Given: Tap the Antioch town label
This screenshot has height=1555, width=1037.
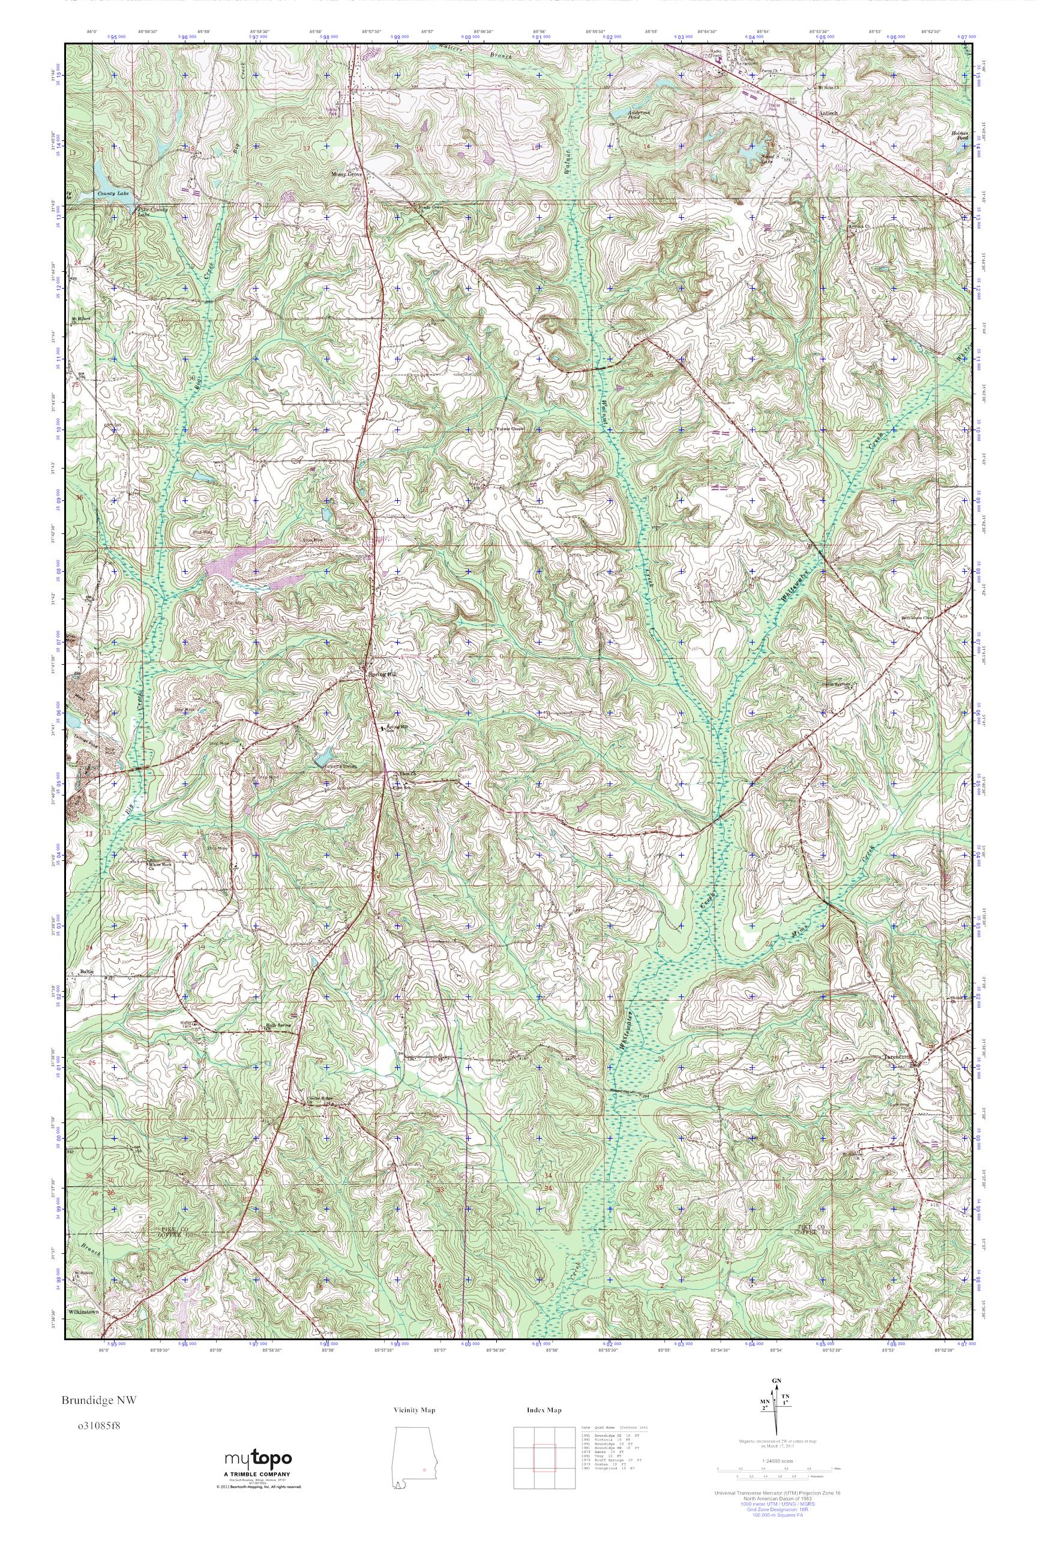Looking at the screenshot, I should point(828,112).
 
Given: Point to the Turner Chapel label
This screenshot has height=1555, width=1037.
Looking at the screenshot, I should point(510,429).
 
